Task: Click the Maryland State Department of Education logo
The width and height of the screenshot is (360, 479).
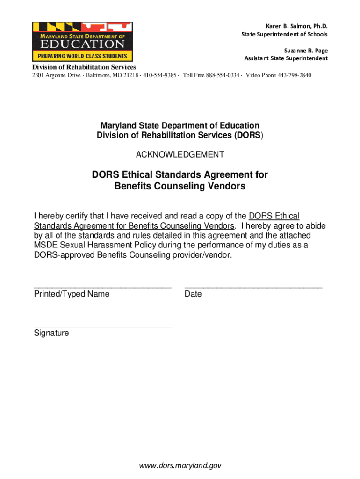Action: [x=82, y=42]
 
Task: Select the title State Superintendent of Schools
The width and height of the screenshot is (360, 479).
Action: [x=284, y=34]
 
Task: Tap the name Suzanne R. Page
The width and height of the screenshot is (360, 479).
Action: [x=306, y=50]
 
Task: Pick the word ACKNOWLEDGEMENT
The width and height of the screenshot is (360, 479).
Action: [x=180, y=155]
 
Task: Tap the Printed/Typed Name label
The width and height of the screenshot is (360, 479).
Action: [x=72, y=294]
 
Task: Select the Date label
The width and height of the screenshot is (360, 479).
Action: [x=193, y=294]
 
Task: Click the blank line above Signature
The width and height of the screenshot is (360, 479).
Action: [x=102, y=325]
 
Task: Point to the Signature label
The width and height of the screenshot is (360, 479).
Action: [x=51, y=333]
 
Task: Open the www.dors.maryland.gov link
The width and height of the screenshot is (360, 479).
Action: [x=180, y=465]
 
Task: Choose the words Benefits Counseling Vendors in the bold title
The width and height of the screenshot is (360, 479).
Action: [x=180, y=186]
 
